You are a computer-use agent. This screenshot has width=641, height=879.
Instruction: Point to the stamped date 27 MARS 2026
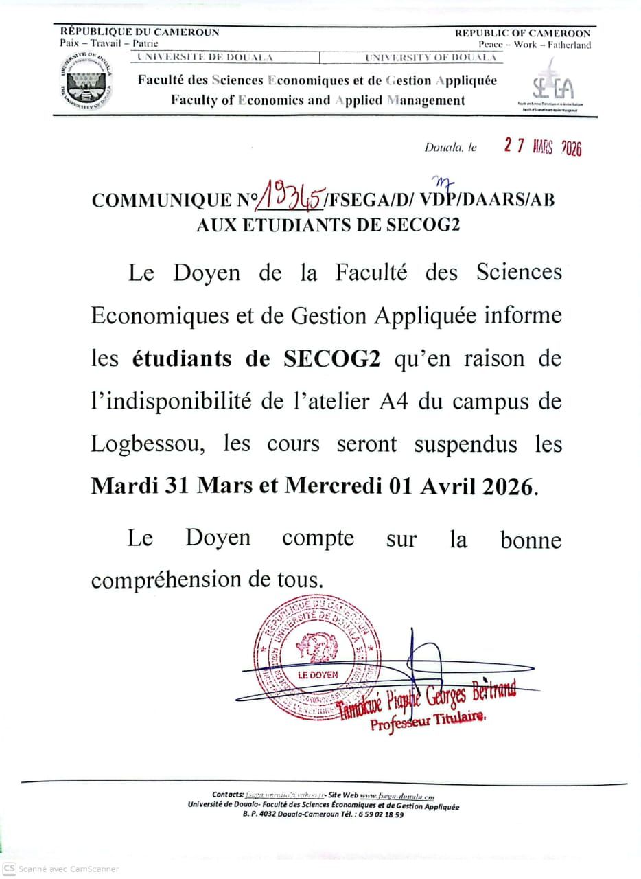[543, 147]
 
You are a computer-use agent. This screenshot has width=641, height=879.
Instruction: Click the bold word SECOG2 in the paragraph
[332, 359]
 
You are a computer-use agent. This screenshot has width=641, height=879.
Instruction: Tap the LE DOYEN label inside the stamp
[318, 675]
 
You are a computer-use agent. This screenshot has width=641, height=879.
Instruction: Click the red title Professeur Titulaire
[427, 720]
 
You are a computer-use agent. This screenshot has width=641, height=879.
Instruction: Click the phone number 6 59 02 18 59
[375, 814]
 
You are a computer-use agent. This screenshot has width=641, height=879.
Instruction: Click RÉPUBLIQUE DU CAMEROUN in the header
[140, 32]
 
